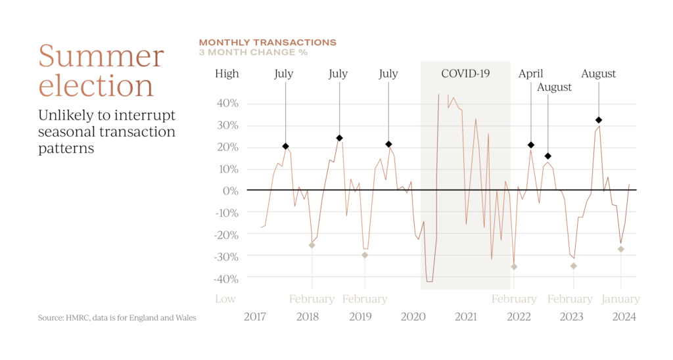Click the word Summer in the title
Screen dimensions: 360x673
pos(101,56)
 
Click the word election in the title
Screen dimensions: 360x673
pos(96,85)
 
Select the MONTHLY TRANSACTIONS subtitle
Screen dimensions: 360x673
pos(267,42)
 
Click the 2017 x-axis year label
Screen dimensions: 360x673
pos(254,317)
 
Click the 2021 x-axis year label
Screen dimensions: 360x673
pos(465,317)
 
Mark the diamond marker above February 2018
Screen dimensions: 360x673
pos(312,245)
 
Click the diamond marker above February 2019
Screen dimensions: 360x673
pos(365,255)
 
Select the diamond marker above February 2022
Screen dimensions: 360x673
pos(514,266)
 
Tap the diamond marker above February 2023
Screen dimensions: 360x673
pos(574,265)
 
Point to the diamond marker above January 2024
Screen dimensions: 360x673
pos(620,249)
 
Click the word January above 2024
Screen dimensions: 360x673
pos(621,299)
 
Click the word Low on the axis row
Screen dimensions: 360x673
pos(225,299)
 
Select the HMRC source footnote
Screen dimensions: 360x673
pos(117,318)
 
